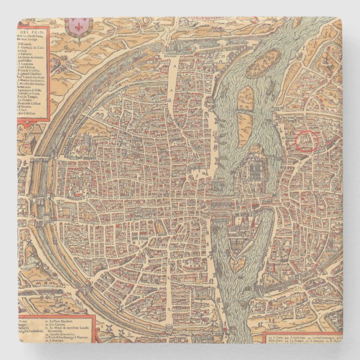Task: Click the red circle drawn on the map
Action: (x=307, y=141)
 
